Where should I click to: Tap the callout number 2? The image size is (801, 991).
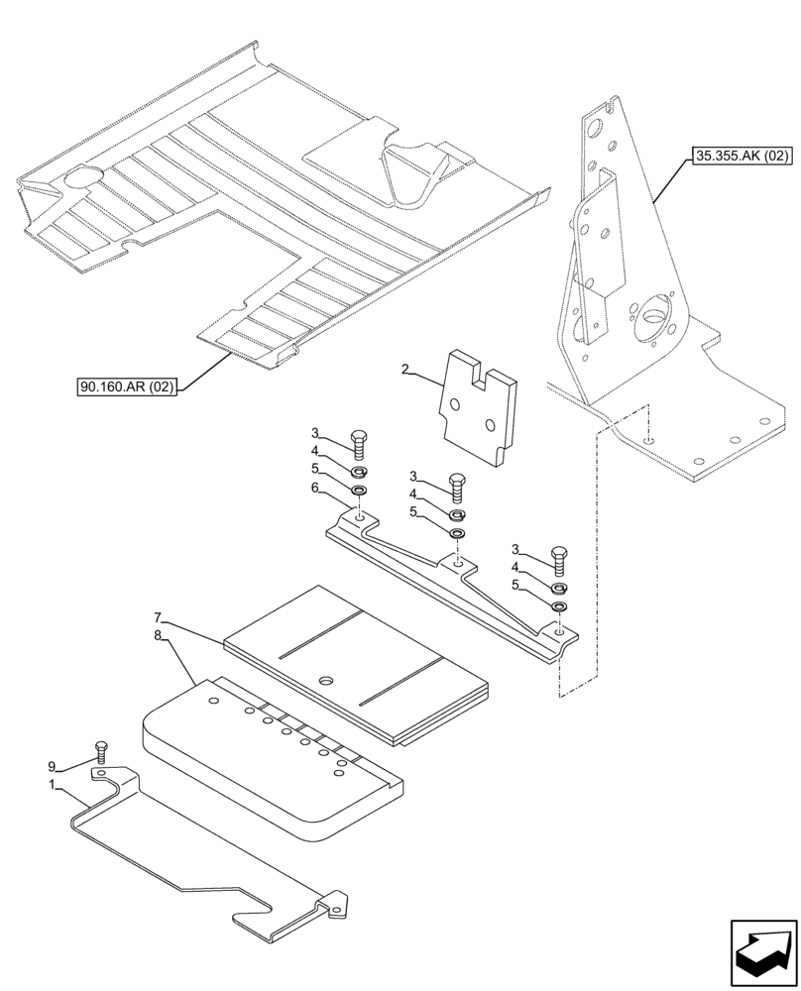pos(404,370)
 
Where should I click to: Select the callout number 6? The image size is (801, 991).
pos(314,488)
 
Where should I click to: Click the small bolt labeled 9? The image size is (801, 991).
pos(99,752)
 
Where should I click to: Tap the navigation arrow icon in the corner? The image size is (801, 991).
pos(763,950)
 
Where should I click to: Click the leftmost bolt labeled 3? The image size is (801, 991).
pos(359,444)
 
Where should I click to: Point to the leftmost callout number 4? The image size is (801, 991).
pos(314,451)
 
